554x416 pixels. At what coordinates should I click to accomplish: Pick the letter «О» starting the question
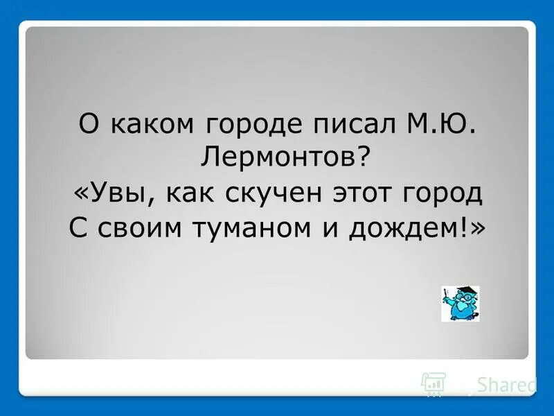coord(88,125)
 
